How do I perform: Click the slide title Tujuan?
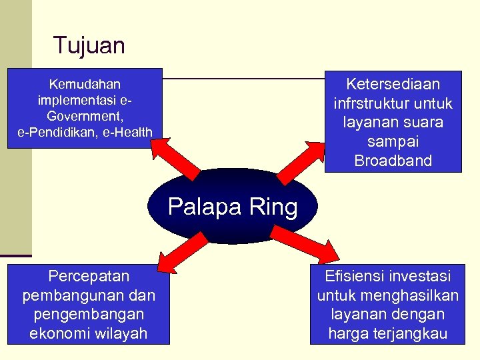pos(89,45)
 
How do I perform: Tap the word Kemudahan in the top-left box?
pos(85,84)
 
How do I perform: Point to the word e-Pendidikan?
pos(55,131)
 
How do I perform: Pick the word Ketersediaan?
pos(393,84)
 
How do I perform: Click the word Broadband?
pos(393,161)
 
